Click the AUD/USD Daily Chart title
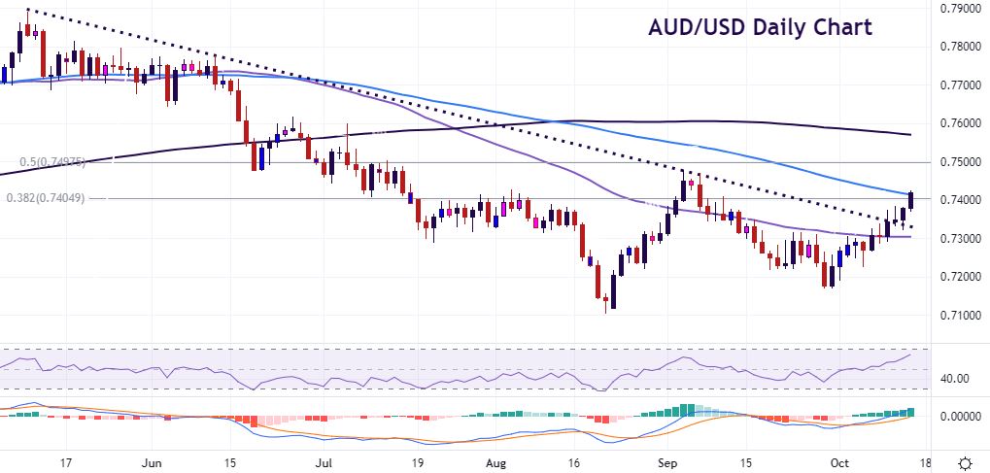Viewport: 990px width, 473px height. click(760, 27)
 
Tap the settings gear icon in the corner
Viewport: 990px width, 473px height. click(966, 462)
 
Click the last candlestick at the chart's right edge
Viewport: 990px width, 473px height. click(910, 200)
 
